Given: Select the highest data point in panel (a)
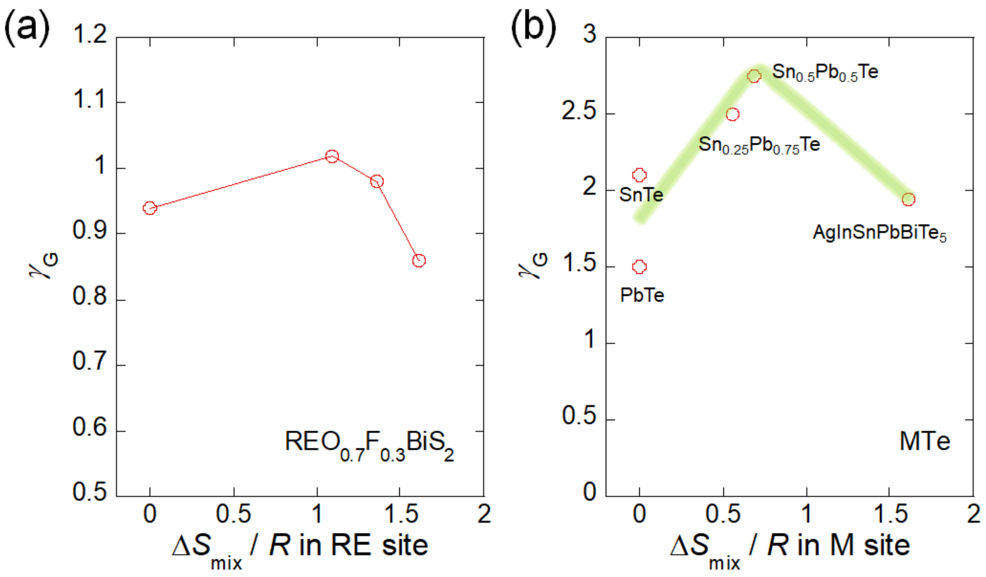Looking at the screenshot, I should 332,157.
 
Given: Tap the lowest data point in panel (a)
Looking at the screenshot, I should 419,260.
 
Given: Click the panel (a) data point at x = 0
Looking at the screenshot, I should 150,208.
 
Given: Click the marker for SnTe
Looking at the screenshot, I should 639,175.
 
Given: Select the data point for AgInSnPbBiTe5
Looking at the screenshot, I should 908,200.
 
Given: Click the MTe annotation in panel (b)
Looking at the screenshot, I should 924,442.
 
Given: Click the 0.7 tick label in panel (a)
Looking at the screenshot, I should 90,361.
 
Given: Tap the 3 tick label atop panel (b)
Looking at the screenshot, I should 590,35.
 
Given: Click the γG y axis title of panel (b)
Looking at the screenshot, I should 533,265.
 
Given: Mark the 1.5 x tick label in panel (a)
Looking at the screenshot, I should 401,514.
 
